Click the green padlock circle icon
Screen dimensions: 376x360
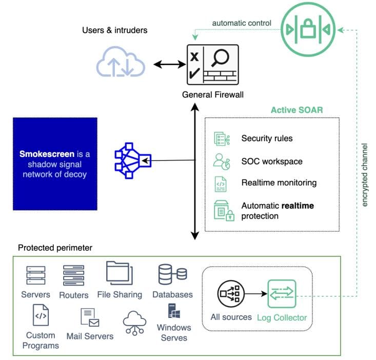click(x=308, y=30)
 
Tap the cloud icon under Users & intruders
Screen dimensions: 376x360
click(x=121, y=62)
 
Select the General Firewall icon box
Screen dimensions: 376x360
click(x=213, y=65)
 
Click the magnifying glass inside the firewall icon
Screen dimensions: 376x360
click(x=220, y=58)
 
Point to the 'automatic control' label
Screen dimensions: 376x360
click(x=242, y=23)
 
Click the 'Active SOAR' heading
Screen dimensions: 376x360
click(x=297, y=110)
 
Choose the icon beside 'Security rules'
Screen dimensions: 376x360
click(x=222, y=138)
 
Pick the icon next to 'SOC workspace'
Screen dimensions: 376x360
click(x=222, y=162)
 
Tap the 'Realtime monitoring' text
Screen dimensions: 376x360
click(x=279, y=183)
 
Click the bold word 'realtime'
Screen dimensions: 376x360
click(x=298, y=206)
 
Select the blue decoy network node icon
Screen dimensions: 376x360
click(x=133, y=161)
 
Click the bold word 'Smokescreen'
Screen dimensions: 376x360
click(x=47, y=154)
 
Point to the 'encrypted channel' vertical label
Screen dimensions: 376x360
click(x=365, y=175)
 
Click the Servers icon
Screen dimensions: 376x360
click(x=36, y=275)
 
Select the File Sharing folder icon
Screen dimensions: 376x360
click(x=120, y=273)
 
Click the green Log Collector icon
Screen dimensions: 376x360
click(x=282, y=294)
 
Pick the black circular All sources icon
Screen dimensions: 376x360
click(x=231, y=294)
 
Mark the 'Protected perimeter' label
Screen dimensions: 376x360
click(x=55, y=248)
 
